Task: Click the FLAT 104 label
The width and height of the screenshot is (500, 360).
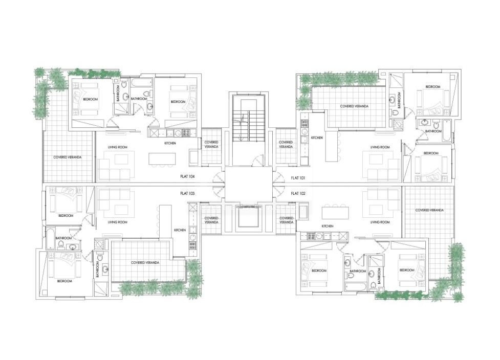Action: click(x=187, y=177)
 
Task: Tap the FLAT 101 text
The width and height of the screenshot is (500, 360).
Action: click(x=298, y=178)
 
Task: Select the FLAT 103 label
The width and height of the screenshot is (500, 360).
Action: click(x=187, y=193)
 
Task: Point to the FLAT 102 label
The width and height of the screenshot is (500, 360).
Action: click(x=298, y=193)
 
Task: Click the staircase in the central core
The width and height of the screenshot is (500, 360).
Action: click(x=248, y=125)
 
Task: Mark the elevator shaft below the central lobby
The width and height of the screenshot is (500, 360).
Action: click(x=248, y=220)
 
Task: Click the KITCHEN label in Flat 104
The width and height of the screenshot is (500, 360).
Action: click(x=170, y=143)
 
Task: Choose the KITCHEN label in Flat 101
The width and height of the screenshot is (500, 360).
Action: click(x=317, y=138)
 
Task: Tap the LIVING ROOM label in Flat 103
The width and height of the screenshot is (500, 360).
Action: click(x=117, y=222)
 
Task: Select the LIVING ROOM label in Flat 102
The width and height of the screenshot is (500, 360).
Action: click(x=380, y=222)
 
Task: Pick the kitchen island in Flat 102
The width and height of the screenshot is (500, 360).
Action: click(x=335, y=212)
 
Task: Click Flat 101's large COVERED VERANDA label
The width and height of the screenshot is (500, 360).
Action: click(x=354, y=106)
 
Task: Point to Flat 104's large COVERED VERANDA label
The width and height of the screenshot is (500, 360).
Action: click(x=68, y=157)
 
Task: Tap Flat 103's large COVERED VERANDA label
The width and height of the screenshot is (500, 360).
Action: click(x=145, y=262)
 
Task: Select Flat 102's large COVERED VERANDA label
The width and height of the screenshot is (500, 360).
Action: click(x=429, y=210)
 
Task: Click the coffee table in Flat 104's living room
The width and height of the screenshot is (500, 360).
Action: click(x=121, y=160)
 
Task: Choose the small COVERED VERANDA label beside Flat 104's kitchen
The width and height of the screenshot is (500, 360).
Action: click(x=211, y=144)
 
